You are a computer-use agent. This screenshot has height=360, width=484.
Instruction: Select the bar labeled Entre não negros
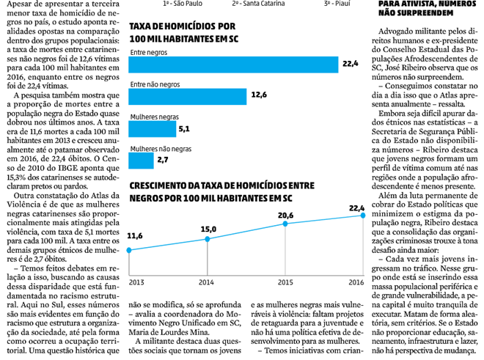point(188,96)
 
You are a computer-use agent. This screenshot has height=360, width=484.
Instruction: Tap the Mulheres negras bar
point(151,128)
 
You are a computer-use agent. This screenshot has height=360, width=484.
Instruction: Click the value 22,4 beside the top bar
point(350,65)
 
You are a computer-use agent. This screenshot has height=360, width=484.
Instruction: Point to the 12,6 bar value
point(258,96)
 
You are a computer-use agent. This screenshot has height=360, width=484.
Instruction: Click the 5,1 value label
point(183,128)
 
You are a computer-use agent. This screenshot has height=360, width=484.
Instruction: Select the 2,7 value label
point(163,159)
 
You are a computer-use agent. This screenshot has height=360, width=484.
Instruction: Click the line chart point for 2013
point(130,251)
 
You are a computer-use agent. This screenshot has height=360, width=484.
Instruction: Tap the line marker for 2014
point(208,239)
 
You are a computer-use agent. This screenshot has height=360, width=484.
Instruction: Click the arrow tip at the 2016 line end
point(363,214)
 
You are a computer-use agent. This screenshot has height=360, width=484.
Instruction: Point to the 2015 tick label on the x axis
point(285,282)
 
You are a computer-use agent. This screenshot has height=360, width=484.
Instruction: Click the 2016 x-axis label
point(356,282)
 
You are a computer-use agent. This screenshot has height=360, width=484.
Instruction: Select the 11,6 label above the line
point(135,236)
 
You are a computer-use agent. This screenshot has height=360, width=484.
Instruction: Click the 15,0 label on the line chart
point(208,229)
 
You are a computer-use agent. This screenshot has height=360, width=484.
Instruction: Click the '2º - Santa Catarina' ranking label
point(257,4)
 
